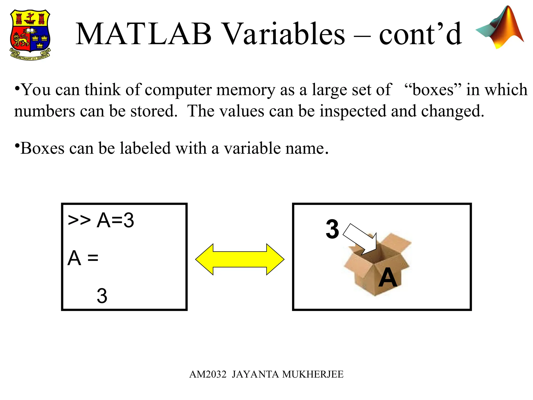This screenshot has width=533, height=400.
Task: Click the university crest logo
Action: click(x=30, y=35)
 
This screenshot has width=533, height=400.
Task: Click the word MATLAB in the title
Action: click(x=143, y=34)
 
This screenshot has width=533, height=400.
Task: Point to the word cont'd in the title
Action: click(x=420, y=34)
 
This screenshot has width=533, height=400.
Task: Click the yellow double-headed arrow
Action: click(x=240, y=259)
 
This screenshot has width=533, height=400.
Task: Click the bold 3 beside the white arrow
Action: click(x=332, y=229)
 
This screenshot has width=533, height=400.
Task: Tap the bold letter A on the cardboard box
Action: click(x=388, y=278)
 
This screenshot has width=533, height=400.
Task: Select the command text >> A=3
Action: click(x=101, y=220)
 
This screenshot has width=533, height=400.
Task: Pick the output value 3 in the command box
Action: click(x=102, y=296)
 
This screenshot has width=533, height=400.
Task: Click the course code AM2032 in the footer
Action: click(x=208, y=374)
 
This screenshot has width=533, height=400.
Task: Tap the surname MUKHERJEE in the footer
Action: click(x=313, y=374)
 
